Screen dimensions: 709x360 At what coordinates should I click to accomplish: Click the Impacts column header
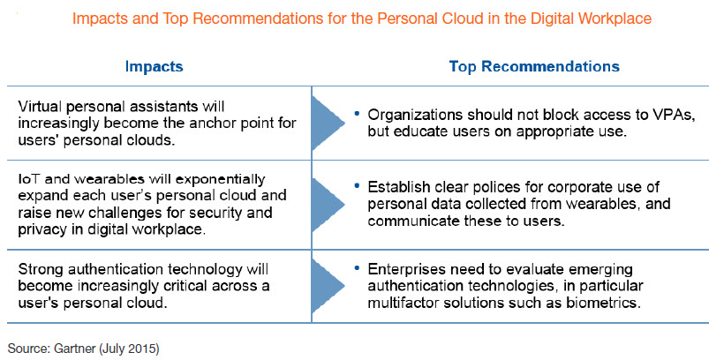154,66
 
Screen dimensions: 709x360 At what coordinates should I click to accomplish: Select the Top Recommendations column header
534,66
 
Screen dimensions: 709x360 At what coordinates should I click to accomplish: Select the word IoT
30,179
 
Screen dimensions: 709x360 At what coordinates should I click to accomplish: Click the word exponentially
220,180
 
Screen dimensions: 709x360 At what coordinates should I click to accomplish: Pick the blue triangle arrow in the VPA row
328,123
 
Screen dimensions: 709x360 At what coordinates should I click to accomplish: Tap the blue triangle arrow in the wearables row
328,204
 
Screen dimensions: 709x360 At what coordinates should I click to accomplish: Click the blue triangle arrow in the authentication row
328,286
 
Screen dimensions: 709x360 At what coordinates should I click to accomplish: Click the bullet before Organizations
358,112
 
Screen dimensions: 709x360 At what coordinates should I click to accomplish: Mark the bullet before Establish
358,185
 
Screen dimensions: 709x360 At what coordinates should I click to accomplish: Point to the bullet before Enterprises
358,268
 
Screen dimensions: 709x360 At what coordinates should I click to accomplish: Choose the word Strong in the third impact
40,270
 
